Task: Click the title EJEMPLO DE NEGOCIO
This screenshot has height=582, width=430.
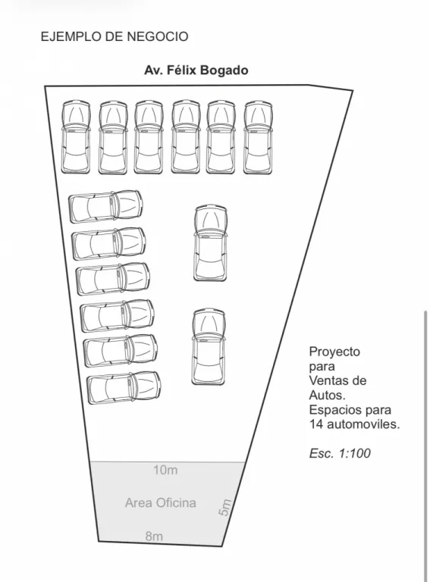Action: (x=115, y=36)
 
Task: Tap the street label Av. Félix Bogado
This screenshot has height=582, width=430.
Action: (x=196, y=70)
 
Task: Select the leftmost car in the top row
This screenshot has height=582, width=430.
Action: (x=76, y=137)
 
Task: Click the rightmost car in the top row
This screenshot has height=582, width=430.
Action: (x=258, y=137)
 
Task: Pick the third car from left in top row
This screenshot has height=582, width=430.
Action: (x=149, y=137)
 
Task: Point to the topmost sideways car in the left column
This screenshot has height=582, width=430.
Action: (x=106, y=206)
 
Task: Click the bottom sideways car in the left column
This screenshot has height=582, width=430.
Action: (x=124, y=387)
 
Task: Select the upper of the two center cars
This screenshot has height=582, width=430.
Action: (x=211, y=242)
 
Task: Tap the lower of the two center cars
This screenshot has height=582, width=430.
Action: (x=209, y=346)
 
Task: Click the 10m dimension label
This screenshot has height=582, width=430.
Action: (x=165, y=470)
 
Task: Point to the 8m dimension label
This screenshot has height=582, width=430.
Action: (x=154, y=536)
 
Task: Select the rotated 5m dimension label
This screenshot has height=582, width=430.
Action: (x=224, y=507)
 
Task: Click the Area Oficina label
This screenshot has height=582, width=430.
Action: (x=161, y=502)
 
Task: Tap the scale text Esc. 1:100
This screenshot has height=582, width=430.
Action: (x=340, y=453)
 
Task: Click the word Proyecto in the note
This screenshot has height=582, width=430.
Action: (x=334, y=352)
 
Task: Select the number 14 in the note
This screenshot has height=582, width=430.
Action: (x=316, y=424)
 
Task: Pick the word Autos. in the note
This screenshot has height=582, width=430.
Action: (x=328, y=395)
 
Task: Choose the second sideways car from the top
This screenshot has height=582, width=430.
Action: (x=108, y=243)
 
